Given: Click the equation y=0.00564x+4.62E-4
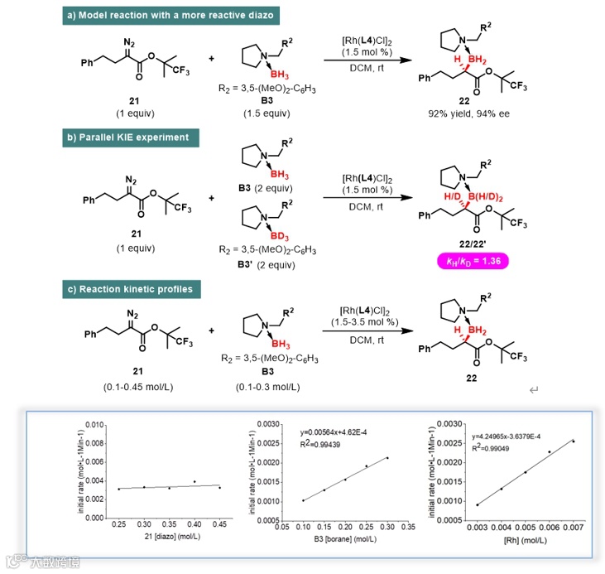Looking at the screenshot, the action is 337,432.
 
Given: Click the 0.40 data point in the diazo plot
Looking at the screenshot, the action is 194,481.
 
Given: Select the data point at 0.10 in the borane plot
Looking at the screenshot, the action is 302,500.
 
